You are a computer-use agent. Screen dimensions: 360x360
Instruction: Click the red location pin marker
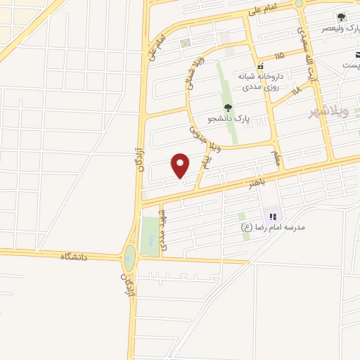click(181, 165)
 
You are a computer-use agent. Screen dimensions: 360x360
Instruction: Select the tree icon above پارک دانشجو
click(229, 108)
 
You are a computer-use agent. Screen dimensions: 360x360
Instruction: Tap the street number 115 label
click(280, 55)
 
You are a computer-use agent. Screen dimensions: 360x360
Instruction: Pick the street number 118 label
click(295, 89)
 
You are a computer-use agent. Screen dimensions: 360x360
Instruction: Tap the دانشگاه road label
click(77, 256)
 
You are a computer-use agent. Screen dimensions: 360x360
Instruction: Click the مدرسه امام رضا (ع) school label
click(270, 227)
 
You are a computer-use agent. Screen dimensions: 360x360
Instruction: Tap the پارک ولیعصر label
click(339, 28)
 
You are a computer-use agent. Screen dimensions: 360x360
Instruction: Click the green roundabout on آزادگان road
click(129, 257)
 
